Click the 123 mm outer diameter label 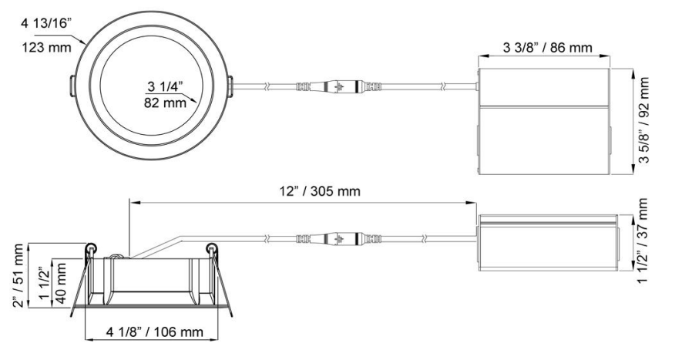coord(47,47)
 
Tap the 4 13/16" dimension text coord(46,23)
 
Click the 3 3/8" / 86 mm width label coord(548,47)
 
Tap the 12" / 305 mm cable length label coord(320,191)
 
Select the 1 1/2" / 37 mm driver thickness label coord(643,241)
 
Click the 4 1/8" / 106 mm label coord(154,331)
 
